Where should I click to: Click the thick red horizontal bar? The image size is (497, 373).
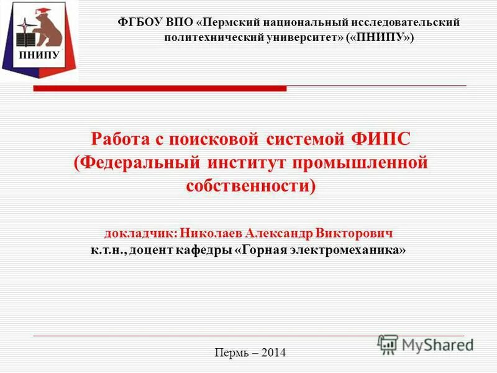tap(160, 89)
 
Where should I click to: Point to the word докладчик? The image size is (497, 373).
tap(140, 234)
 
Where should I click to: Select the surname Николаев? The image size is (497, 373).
tap(211, 234)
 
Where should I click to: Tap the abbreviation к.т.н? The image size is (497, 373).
tap(109, 250)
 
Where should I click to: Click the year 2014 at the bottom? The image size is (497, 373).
tap(274, 353)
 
